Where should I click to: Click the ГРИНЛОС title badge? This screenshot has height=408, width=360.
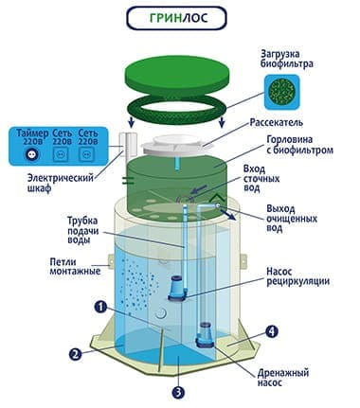click(x=176, y=18)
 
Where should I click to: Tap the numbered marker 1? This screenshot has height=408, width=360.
click(x=100, y=307)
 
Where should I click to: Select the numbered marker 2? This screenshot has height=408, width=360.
click(x=75, y=355)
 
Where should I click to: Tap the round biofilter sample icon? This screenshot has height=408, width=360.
click(x=281, y=92)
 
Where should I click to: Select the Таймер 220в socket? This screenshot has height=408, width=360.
click(x=32, y=155)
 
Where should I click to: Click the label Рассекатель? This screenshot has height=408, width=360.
click(x=277, y=122)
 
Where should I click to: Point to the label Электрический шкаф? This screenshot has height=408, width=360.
click(x=61, y=183)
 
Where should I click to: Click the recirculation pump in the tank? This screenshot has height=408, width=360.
click(x=176, y=288)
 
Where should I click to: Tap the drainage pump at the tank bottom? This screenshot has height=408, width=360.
click(x=206, y=334)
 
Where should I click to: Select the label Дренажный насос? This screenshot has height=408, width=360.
click(x=282, y=378)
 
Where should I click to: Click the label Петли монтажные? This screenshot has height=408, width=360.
click(x=75, y=266)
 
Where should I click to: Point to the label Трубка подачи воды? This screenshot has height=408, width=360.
click(x=83, y=230)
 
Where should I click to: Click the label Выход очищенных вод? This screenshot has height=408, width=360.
click(x=292, y=219)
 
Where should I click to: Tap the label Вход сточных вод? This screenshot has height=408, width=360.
click(x=261, y=179)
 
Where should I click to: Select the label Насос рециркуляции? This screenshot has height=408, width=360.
click(x=297, y=276)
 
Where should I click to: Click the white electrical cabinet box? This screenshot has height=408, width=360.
click(x=128, y=146)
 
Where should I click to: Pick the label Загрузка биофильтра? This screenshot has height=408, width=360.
click(x=287, y=59)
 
